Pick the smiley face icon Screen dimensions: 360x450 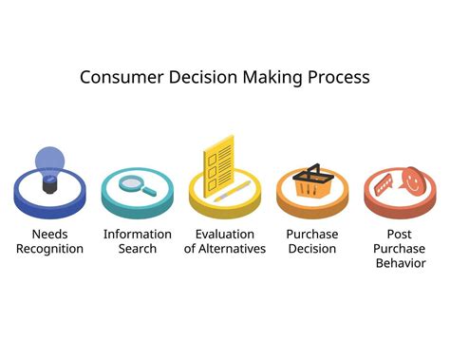point(413,178)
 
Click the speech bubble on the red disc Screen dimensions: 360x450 point(384,184)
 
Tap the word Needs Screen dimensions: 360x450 point(49,235)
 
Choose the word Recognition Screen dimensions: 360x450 point(49,249)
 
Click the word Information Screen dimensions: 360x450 point(138,235)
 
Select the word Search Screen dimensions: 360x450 point(138,249)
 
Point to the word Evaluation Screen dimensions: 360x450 point(224,235)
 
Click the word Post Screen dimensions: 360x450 point(400,235)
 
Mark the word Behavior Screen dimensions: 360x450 point(400,263)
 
